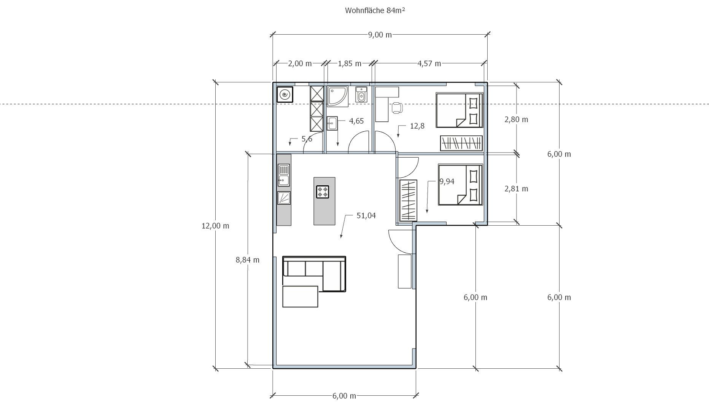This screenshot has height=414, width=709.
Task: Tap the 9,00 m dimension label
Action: (x=380, y=35)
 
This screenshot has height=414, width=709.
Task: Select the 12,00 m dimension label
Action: (x=215, y=226)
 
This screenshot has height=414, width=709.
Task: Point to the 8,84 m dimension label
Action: (x=248, y=260)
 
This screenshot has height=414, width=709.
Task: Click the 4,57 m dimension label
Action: (x=429, y=64)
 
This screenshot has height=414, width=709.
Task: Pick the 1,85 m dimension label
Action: (x=350, y=64)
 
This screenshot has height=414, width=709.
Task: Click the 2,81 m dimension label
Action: (x=516, y=189)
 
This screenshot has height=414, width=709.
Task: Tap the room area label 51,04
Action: (x=366, y=216)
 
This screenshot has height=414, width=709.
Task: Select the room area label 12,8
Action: (x=417, y=126)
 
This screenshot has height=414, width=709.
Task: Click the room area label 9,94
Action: (x=447, y=182)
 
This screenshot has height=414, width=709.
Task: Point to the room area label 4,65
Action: (x=356, y=121)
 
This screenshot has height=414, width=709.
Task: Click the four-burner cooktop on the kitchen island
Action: (x=323, y=192)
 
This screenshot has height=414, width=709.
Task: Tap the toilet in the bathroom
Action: (x=361, y=94)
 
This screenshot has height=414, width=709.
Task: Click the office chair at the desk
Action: (x=397, y=108)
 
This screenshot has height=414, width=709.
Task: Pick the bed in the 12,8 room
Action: (x=459, y=110)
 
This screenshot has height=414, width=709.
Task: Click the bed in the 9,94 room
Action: (x=460, y=185)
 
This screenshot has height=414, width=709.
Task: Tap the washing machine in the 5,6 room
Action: (x=285, y=95)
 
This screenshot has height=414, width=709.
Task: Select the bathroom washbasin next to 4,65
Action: (x=332, y=123)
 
